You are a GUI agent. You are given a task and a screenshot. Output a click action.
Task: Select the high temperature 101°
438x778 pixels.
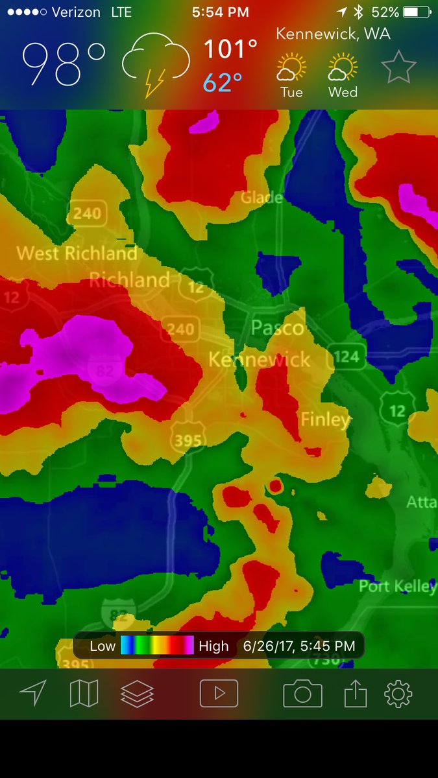(x=230, y=49)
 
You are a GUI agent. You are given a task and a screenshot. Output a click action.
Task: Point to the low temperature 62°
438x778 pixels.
(x=223, y=83)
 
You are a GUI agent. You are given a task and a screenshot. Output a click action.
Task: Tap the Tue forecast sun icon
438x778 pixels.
(x=291, y=68)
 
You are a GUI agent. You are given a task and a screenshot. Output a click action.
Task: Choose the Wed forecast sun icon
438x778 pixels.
(x=343, y=68)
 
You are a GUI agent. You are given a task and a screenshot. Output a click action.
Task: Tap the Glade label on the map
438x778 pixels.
(x=262, y=197)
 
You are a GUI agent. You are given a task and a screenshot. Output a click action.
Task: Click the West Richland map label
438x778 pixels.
(x=77, y=253)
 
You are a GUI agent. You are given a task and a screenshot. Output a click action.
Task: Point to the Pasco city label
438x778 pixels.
(x=277, y=327)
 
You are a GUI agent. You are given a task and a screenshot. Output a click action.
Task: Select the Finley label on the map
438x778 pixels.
(x=324, y=419)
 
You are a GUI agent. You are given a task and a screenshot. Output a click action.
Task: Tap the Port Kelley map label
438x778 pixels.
(x=397, y=586)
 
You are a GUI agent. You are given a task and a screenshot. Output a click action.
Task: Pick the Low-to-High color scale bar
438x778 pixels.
(x=157, y=646)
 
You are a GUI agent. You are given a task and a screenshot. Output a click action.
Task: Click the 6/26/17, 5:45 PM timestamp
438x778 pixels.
(x=298, y=646)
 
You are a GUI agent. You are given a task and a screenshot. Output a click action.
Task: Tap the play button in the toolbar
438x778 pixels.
(x=219, y=694)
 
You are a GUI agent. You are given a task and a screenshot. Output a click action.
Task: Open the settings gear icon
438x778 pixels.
(x=398, y=694)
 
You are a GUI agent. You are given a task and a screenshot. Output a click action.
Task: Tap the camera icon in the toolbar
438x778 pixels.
(x=302, y=694)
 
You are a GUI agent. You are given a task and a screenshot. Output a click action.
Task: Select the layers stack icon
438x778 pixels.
(x=137, y=694)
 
